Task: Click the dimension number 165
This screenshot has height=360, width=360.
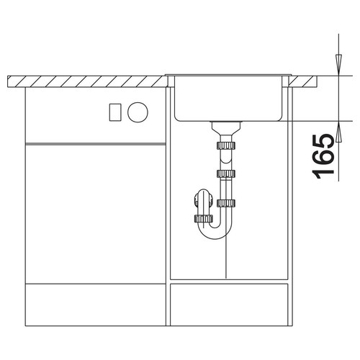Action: [x=323, y=157]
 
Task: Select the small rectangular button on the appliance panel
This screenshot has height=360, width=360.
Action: [x=115, y=112]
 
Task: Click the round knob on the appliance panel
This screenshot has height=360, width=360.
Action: [x=138, y=112]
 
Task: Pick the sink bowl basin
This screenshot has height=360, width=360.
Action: [x=228, y=99]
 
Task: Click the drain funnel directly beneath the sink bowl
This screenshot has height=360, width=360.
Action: [x=226, y=128]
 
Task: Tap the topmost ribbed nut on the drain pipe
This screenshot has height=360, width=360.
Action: [x=226, y=145]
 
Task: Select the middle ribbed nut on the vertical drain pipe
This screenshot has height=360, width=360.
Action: [x=226, y=174]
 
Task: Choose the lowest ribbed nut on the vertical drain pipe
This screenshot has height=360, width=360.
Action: [x=226, y=203]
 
